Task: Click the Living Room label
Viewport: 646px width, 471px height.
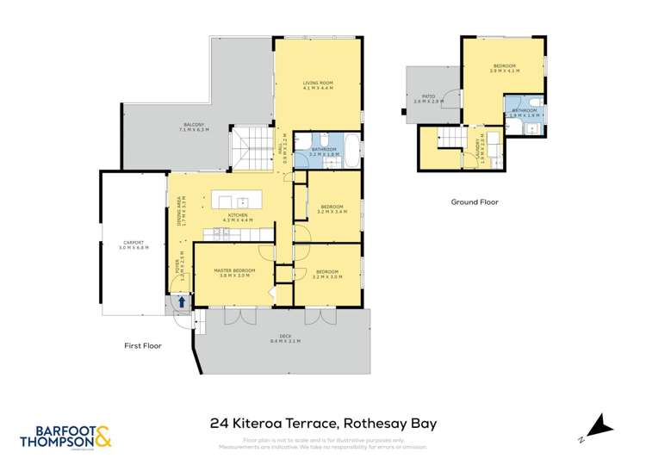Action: tap(318, 84)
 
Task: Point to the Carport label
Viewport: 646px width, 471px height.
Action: tap(134, 245)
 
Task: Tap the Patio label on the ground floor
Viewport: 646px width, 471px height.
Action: tap(428, 99)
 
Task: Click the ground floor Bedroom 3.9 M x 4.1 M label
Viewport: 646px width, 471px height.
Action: tap(504, 68)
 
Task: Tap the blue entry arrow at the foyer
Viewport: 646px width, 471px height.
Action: tap(182, 301)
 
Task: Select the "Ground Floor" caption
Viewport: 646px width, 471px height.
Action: tap(475, 201)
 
